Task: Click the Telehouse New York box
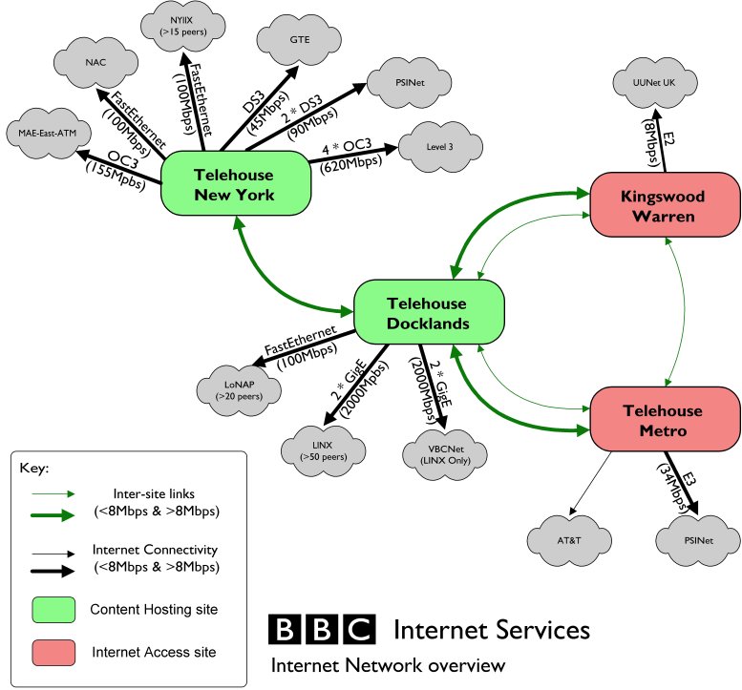click(x=233, y=186)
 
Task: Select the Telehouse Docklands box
click(x=427, y=313)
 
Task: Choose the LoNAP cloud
click(x=240, y=390)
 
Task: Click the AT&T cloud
click(x=567, y=540)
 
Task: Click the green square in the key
click(x=56, y=609)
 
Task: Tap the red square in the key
click(x=56, y=652)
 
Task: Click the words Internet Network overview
click(x=387, y=664)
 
